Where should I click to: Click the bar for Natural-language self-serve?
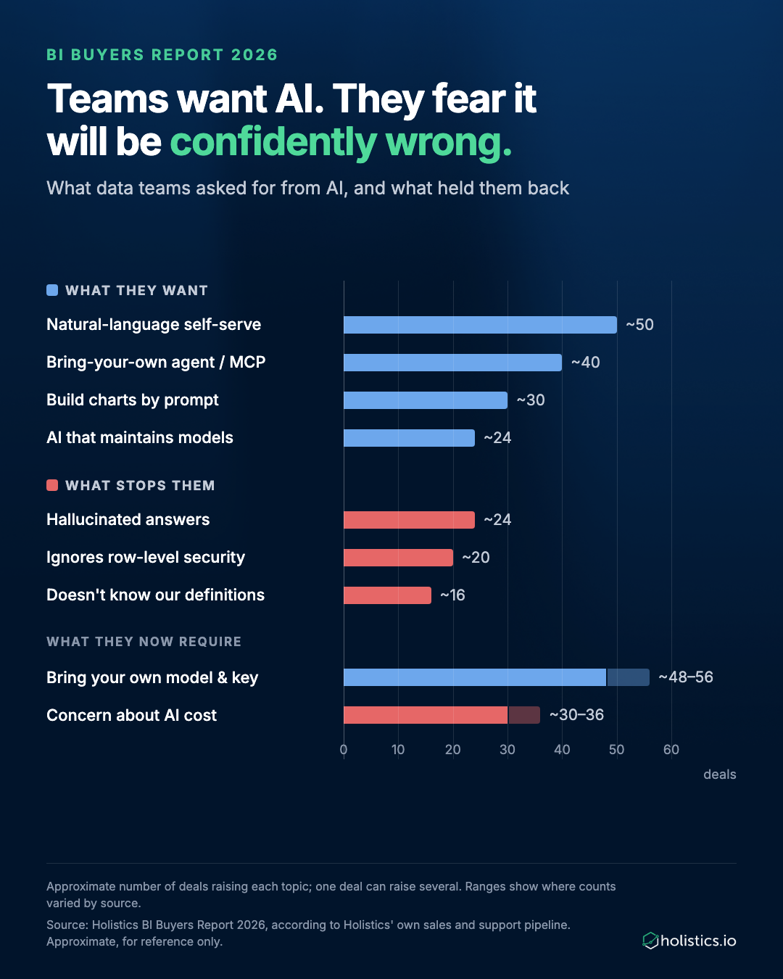pos(480,325)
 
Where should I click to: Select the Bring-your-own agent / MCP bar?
pos(452,363)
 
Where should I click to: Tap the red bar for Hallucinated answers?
pos(409,520)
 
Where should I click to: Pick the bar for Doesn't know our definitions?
pos(387,595)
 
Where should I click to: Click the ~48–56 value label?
pos(686,677)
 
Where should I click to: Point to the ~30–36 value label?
pos(576,715)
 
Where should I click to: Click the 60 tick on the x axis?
pos(671,749)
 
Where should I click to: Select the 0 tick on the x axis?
pos(344,749)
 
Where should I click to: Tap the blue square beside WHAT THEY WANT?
pos(52,290)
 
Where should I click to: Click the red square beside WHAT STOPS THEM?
pos(52,485)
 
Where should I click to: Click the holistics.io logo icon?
pos(650,941)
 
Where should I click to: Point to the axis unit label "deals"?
pos(719,774)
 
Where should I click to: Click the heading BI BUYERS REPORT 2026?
pos(162,54)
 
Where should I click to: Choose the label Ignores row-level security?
pos(146,557)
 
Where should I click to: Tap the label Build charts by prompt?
pos(133,400)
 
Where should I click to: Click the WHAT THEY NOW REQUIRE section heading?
pos(144,642)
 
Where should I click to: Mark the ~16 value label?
pos(452,595)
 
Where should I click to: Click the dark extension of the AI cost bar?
pos(523,715)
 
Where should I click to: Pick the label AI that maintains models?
pos(140,437)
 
